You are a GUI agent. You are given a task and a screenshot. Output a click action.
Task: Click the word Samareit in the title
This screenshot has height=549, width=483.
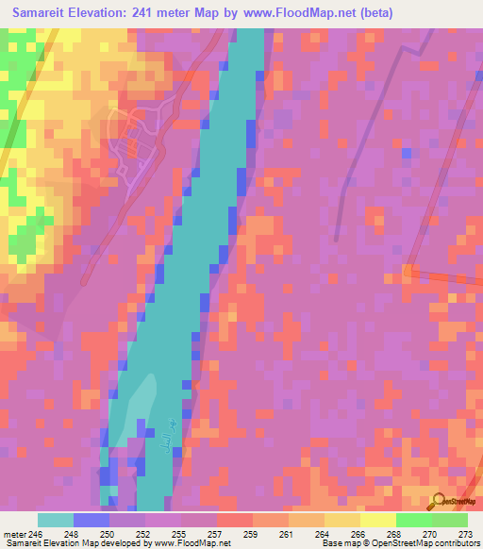click(45, 12)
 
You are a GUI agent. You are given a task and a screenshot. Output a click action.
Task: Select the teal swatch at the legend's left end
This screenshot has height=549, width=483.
click(55, 520)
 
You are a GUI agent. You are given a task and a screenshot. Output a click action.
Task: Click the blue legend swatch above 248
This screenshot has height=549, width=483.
click(91, 520)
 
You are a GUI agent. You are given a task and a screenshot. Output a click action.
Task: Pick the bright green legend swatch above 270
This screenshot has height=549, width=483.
click(413, 520)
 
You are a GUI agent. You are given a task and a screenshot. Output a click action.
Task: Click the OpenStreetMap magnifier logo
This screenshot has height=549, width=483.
click(437, 500)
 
